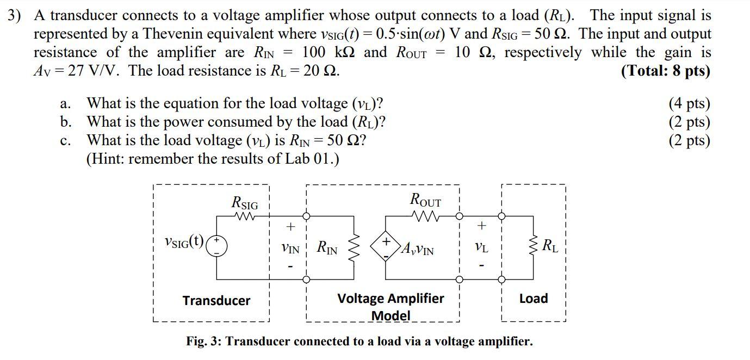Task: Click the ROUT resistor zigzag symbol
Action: [426, 216]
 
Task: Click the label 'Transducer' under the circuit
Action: [216, 301]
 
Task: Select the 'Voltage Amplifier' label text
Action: [391, 299]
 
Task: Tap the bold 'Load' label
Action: [533, 299]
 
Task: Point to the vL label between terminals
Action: [481, 247]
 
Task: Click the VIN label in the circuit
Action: [290, 249]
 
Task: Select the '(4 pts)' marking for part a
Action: [689, 103]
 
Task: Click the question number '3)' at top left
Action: [15, 15]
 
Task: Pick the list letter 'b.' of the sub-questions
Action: [66, 122]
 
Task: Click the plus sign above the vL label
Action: [481, 225]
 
